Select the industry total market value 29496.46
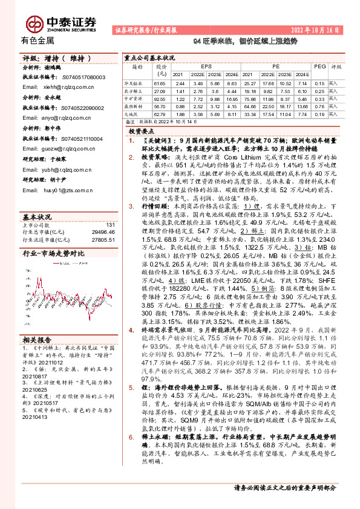(x=102, y=232)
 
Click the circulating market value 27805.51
(x=102, y=240)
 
